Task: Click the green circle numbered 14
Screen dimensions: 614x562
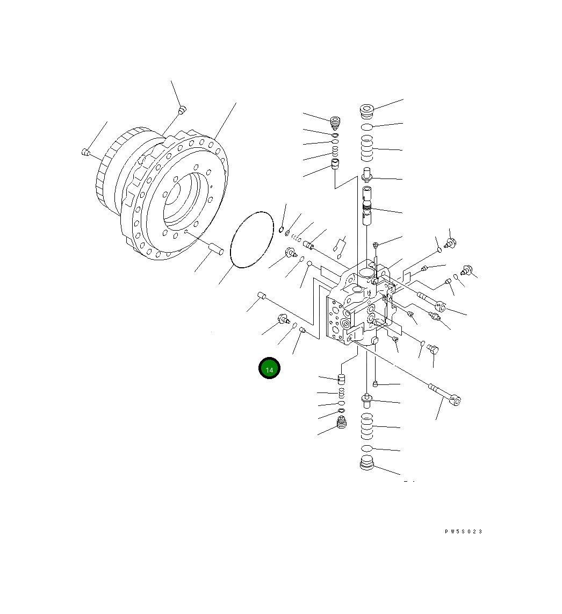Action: [x=269, y=369]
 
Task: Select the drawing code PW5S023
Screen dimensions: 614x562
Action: [x=463, y=531]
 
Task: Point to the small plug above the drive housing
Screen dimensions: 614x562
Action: [x=182, y=110]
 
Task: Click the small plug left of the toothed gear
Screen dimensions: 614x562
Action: [x=84, y=152]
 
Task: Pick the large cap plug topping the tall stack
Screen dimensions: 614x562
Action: [x=366, y=111]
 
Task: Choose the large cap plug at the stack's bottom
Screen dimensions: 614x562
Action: [x=366, y=463]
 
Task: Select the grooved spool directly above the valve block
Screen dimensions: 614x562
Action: [x=367, y=205]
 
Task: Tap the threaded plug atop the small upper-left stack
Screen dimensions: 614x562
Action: [x=336, y=123]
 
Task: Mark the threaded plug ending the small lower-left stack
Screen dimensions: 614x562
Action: [x=340, y=423]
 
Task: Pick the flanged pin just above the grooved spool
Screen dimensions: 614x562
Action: [x=368, y=174]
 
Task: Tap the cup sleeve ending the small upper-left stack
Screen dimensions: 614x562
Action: [x=335, y=164]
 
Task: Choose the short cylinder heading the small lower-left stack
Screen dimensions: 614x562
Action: [x=341, y=380]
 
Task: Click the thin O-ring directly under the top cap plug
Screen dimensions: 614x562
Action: [x=366, y=127]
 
